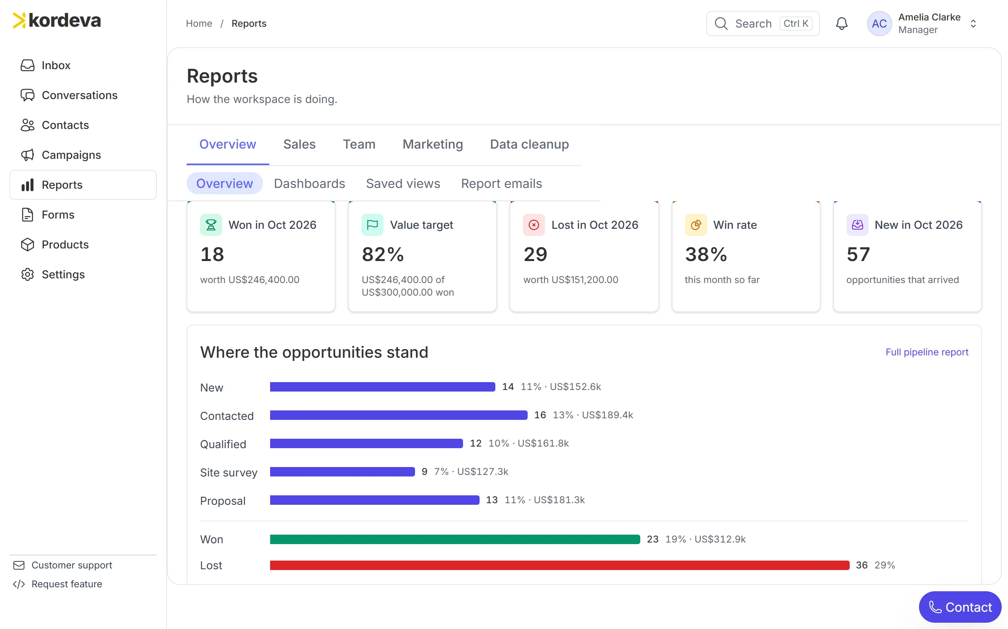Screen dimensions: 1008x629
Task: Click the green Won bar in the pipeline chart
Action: (x=455, y=539)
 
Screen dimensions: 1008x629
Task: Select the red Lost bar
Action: (x=560, y=565)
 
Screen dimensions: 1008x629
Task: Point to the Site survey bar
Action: (x=343, y=471)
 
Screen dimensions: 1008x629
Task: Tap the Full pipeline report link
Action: (x=927, y=352)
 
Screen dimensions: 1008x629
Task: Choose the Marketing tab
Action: (x=433, y=144)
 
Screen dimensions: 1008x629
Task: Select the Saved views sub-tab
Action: (x=403, y=184)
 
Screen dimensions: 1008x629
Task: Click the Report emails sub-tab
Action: (x=502, y=184)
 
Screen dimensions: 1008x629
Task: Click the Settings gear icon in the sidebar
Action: (x=28, y=274)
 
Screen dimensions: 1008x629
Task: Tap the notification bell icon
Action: (x=842, y=23)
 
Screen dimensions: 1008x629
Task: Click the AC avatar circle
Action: (x=879, y=23)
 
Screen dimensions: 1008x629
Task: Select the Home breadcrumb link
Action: (x=199, y=23)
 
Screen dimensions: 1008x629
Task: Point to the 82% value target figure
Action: (x=383, y=254)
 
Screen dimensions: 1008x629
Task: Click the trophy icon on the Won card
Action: (x=211, y=224)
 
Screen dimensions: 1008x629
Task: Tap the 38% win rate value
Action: (x=706, y=254)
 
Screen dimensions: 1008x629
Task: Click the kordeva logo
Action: (x=57, y=20)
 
